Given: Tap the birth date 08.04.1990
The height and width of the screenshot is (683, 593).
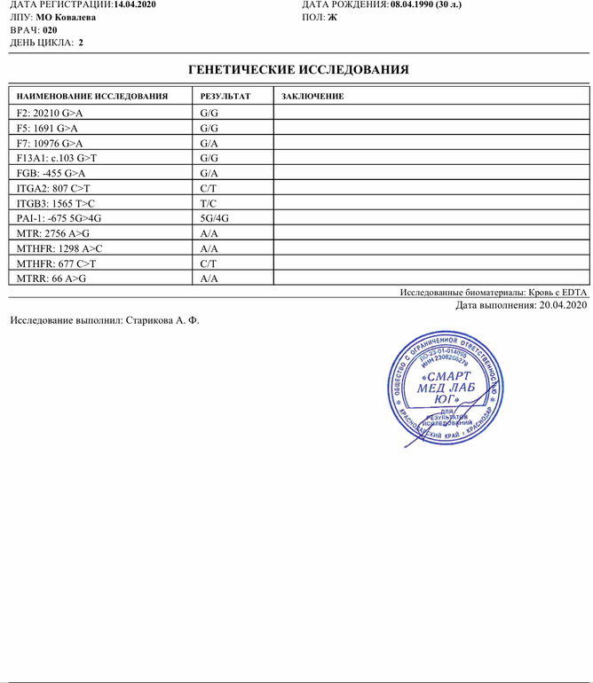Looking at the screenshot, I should (x=417, y=4).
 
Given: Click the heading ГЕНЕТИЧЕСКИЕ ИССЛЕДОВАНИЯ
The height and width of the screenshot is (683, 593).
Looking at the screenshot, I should (x=299, y=69).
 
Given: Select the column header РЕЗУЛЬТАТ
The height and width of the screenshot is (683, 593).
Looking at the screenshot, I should (x=225, y=96).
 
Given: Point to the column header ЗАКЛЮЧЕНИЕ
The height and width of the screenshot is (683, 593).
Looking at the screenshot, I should (x=312, y=96).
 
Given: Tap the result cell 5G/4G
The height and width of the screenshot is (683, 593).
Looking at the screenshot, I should (x=215, y=217).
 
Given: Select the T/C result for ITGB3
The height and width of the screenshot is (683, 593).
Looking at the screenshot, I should (x=210, y=202).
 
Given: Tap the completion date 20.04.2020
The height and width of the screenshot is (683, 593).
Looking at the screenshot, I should (x=559, y=306).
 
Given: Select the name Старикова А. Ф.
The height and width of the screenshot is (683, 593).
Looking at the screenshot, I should (x=162, y=320).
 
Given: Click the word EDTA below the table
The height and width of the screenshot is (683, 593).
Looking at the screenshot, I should (x=573, y=292).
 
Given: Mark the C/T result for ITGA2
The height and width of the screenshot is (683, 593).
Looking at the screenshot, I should (x=210, y=187).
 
